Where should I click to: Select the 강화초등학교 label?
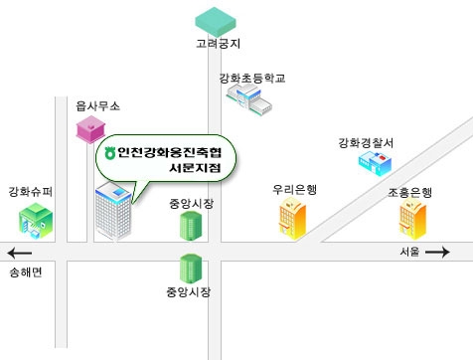(x=252, y=77)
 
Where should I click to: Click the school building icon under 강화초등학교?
(x=247, y=98)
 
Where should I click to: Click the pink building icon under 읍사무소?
(x=90, y=128)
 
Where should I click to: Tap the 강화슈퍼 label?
(x=30, y=190)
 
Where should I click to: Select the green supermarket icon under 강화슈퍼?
(x=36, y=219)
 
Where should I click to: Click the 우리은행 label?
(x=294, y=189)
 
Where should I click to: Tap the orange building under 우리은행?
(x=291, y=217)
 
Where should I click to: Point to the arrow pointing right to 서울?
(x=437, y=253)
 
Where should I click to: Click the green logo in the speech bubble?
(x=110, y=153)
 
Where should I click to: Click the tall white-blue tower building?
(x=109, y=210)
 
